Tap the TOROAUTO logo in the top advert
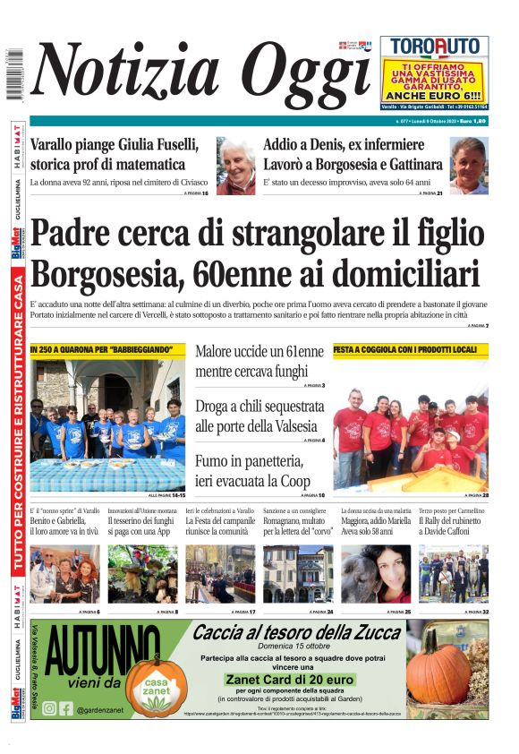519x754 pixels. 434,47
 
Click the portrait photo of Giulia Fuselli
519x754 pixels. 235,166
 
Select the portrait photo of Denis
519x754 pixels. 468,166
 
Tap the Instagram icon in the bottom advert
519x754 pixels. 49,708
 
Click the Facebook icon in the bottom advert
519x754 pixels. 66,708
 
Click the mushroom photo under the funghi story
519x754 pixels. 142,573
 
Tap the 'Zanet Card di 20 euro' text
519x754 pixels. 296,680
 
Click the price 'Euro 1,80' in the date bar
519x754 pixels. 473,120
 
